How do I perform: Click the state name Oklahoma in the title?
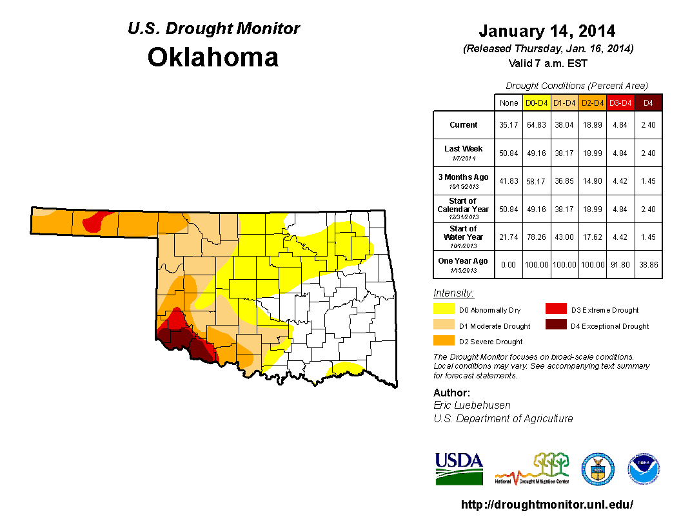coord(213,57)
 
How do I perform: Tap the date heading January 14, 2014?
coord(547,31)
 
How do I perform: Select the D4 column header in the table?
coord(648,102)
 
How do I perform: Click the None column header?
coord(508,102)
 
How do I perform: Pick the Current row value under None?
coord(508,125)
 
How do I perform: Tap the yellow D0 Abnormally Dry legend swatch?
coord(444,310)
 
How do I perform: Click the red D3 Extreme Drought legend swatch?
coord(556,310)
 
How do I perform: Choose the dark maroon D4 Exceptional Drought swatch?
coord(556,326)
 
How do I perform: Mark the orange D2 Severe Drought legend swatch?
coord(444,341)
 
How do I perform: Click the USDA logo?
coord(459,468)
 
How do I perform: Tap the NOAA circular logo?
coord(644,469)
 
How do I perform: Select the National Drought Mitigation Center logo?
coord(532,469)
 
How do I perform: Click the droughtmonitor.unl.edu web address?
coord(547,505)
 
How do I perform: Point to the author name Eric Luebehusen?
coord(473,405)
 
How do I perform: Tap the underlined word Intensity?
coord(453,293)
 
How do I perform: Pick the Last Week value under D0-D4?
coord(537,153)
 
